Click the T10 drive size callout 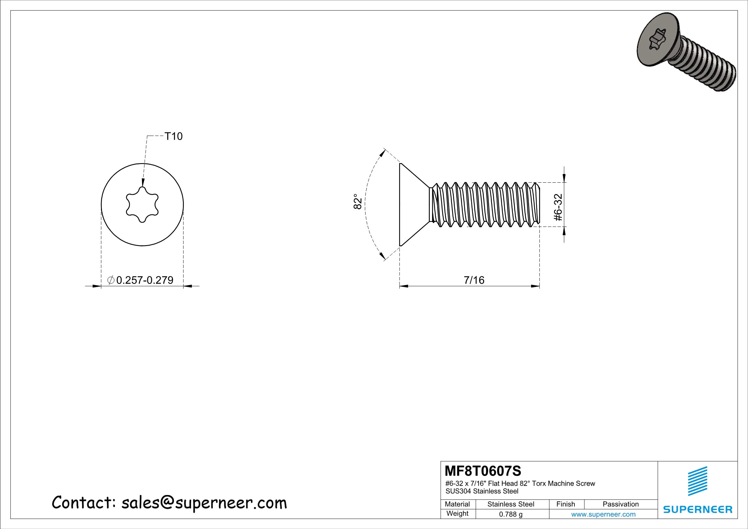174,136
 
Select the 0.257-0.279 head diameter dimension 145,280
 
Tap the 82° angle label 357,201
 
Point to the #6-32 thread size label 558,207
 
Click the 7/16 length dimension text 474,280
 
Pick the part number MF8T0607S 483,471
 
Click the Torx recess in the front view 142,204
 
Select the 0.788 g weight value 510,514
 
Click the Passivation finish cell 620,504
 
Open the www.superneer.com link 603,514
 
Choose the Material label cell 457,504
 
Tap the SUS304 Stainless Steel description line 482,491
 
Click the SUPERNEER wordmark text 697,509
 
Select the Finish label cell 566,504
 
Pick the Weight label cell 457,514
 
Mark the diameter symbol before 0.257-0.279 111,280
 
